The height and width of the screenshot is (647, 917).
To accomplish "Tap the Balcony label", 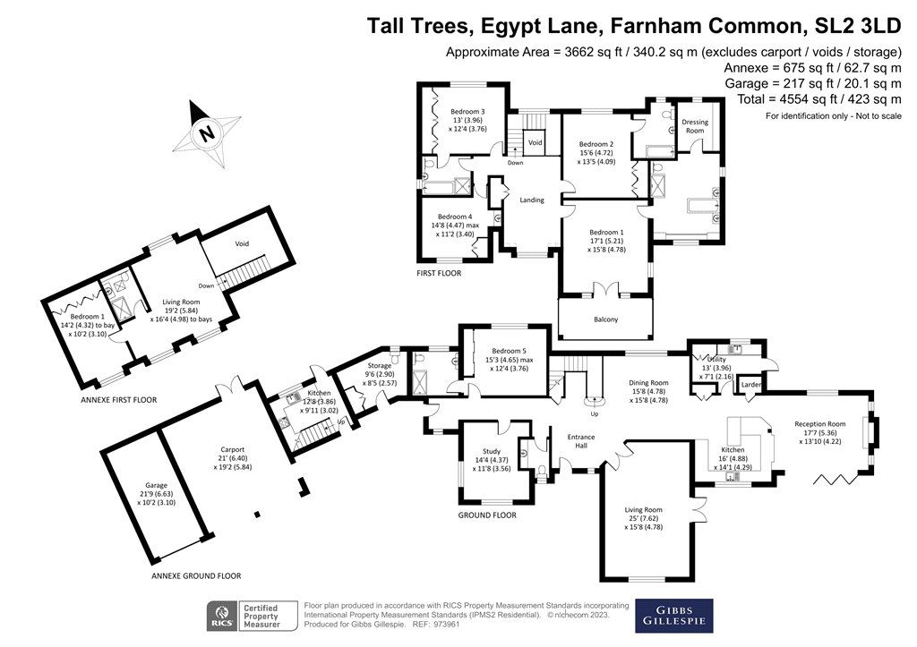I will click(604, 319).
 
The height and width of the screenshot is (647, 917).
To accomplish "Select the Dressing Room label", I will click(695, 125).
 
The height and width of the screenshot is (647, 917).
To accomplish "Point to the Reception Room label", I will click(819, 424).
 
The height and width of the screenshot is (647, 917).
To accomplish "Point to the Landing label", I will click(532, 200).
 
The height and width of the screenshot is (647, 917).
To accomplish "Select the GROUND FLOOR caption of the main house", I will click(487, 515).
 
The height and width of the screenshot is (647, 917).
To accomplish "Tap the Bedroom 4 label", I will click(455, 217).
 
